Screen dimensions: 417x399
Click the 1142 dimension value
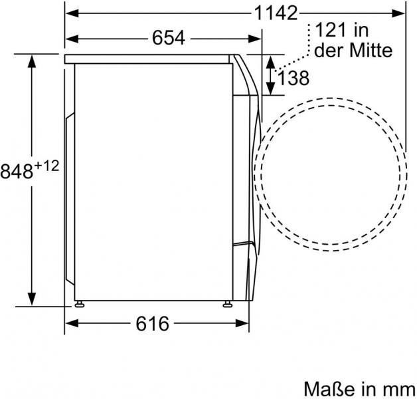point(276,13)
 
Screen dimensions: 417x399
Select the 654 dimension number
point(169,38)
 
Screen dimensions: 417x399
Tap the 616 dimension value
point(152,324)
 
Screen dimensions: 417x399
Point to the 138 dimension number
point(293,78)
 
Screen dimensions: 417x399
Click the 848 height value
point(17,172)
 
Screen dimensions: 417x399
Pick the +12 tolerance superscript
point(46,166)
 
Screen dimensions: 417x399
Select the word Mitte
point(371,50)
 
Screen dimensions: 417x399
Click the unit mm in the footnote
point(400,390)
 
